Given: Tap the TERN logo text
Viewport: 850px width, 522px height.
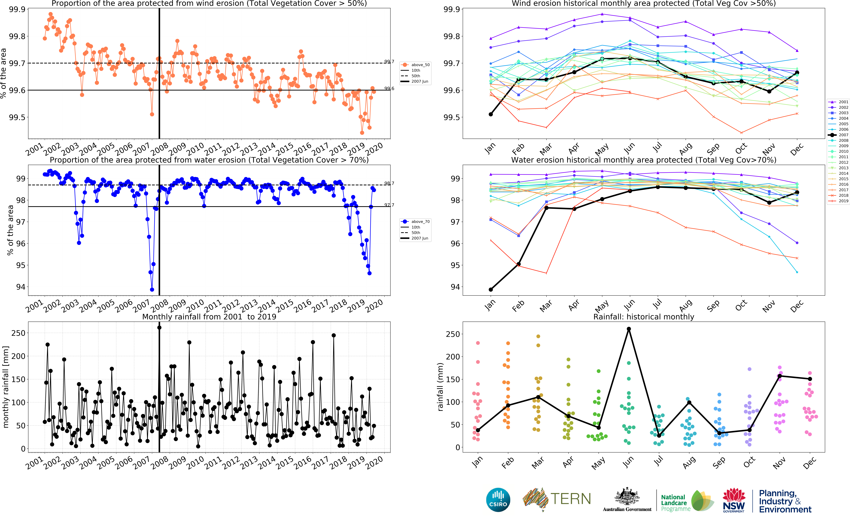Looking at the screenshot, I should point(570,499).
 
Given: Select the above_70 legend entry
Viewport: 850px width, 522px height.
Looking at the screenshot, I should point(416,222).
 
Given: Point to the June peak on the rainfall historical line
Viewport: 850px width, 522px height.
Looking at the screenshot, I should point(629,329).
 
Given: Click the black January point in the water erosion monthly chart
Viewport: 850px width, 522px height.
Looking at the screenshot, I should point(491,290).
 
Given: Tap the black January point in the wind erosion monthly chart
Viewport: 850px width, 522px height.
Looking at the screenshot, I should point(491,114).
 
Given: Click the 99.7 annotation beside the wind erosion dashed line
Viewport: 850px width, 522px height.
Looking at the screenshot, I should point(389,62).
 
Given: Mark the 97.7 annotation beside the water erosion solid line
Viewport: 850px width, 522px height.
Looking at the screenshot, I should point(389,205).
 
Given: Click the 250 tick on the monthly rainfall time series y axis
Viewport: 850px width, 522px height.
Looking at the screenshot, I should point(18,333).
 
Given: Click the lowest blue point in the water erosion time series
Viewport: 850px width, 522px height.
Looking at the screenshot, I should point(152,290).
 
